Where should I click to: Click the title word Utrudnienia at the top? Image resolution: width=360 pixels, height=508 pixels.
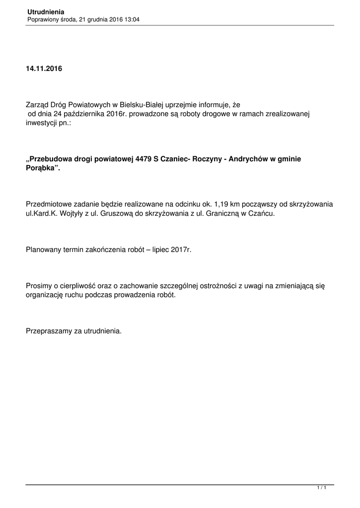[46, 11]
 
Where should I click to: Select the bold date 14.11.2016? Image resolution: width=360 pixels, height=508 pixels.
[44, 68]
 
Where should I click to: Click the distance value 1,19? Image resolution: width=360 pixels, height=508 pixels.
[223, 204]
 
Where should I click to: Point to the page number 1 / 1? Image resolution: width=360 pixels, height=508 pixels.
[322, 489]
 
